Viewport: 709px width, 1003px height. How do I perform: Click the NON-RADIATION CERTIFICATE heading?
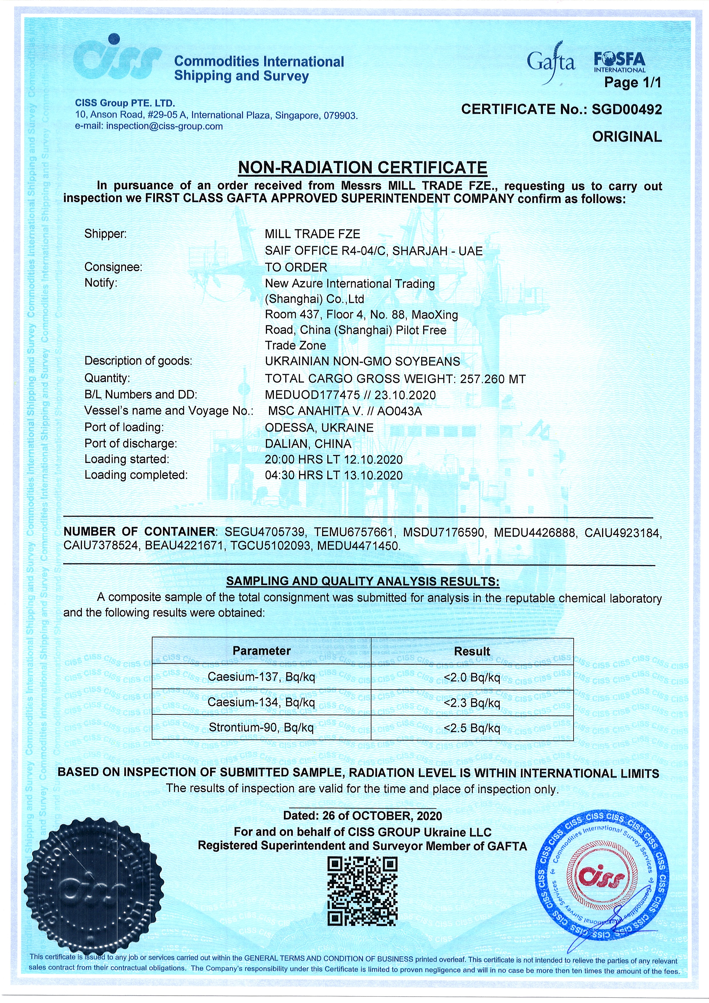pos(362,167)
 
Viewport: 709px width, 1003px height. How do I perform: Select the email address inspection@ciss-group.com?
pos(164,126)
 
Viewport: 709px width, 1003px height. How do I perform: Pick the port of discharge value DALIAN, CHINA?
pos(308,444)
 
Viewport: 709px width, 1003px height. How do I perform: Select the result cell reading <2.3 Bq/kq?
pos(472,703)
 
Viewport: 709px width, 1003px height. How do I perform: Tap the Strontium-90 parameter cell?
pos(261,728)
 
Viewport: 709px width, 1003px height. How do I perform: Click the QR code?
pos(362,891)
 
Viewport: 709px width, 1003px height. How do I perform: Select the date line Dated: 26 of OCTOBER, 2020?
pos(362,816)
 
